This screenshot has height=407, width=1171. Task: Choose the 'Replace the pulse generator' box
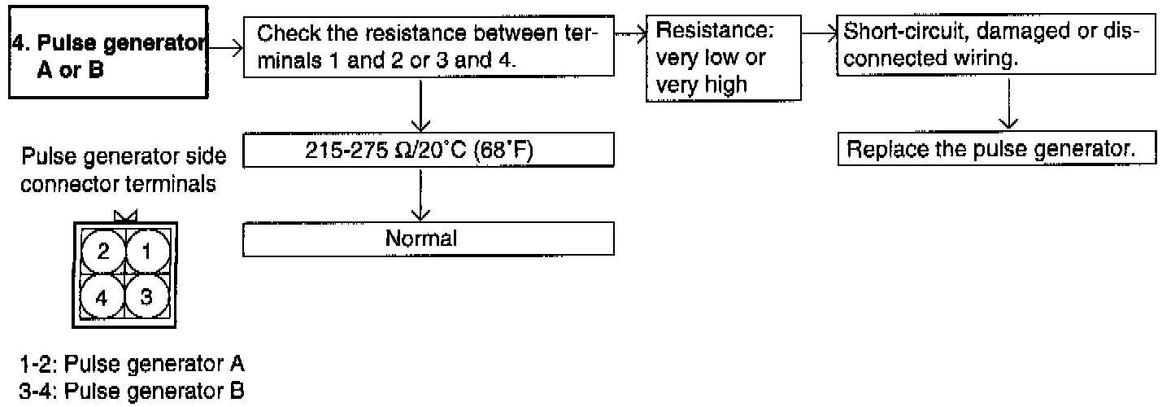(996, 150)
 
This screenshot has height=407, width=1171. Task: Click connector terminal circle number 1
(146, 252)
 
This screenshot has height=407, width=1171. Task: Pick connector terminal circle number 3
(146, 296)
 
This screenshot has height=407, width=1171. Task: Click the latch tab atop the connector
(125, 217)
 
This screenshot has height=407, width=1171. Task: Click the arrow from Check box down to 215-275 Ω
(420, 106)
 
